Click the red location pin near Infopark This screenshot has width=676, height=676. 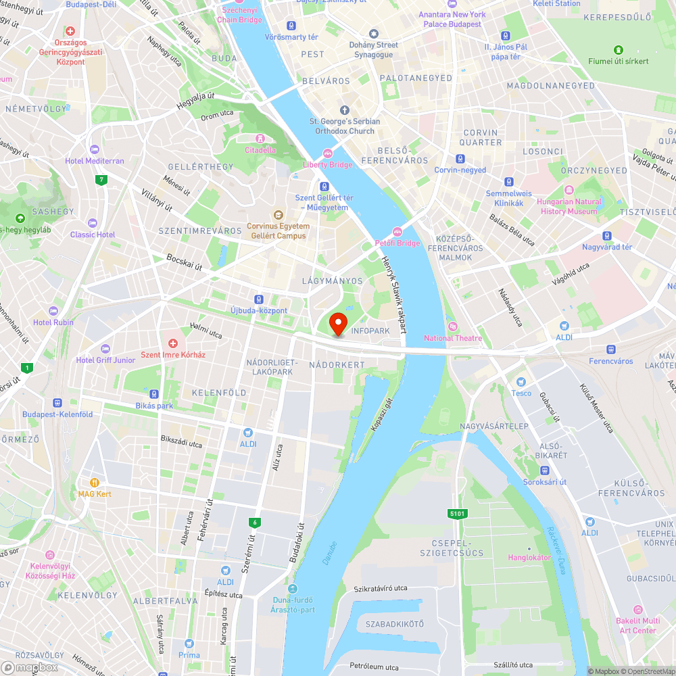click(338, 322)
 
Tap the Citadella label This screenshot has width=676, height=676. click(260, 149)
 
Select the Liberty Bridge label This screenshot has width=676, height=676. click(328, 164)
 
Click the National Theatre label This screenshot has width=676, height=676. click(453, 338)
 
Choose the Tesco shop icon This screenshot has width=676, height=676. click(521, 383)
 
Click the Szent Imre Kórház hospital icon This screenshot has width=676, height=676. click(172, 344)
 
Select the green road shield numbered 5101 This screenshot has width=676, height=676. click(458, 514)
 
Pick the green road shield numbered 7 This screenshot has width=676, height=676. click(101, 180)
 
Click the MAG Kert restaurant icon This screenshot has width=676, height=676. click(95, 483)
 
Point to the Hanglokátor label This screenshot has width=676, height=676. click(529, 557)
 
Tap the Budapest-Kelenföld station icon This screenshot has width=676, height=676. click(57, 403)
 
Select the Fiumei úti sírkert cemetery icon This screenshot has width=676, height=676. click(618, 50)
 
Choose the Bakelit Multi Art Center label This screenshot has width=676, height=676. click(637, 625)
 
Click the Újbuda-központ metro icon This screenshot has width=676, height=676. click(258, 299)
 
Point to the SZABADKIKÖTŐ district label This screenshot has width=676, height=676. click(394, 624)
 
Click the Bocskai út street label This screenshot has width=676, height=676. click(184, 262)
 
